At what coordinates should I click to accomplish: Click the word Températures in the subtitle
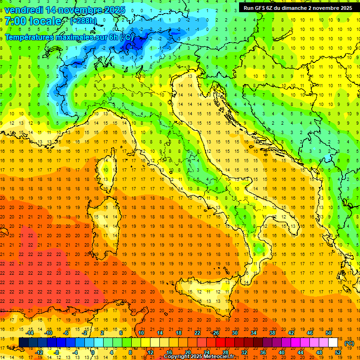coord(29,37)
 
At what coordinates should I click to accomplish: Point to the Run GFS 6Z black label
coord(299,8)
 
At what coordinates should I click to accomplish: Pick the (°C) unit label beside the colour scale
coord(349,343)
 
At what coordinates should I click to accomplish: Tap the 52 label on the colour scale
coord(338,352)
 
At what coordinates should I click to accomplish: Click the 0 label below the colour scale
coord(93,352)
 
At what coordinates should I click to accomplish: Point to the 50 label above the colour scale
coord(329,333)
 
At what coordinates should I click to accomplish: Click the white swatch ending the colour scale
coord(333,343)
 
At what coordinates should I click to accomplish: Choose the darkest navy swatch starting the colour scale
coord(23,343)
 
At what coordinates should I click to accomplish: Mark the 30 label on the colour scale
coord(234,333)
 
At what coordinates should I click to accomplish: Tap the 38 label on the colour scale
coord(272,333)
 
